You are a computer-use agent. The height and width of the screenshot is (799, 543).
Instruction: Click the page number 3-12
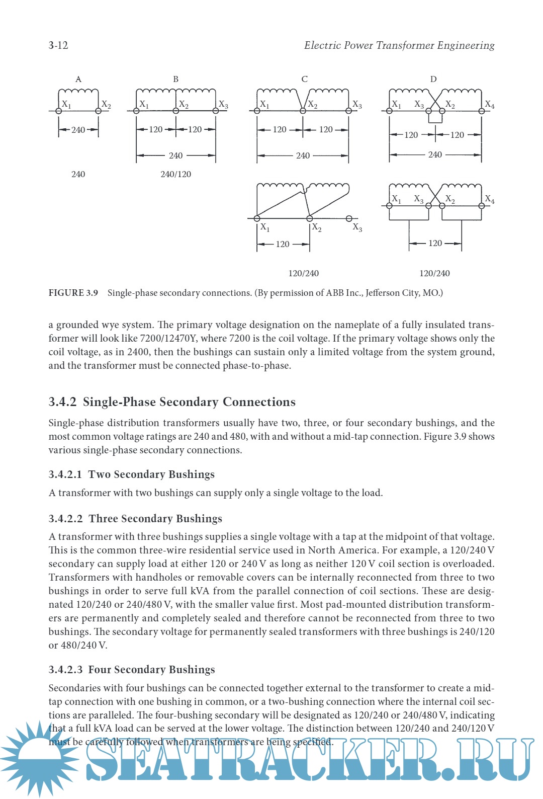tap(58, 45)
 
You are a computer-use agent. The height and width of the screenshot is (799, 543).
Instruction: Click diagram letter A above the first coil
tap(78, 79)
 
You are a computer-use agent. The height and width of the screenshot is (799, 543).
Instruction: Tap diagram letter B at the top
tap(175, 79)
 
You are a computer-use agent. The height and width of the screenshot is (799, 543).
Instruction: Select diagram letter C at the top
tap(304, 79)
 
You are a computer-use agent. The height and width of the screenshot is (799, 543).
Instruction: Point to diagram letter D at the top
tap(433, 79)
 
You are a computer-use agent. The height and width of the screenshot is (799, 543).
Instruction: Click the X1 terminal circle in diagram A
tap(59, 111)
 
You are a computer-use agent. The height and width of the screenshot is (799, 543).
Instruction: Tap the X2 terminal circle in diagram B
tap(176, 111)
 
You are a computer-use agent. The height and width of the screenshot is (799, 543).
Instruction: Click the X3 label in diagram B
tap(223, 105)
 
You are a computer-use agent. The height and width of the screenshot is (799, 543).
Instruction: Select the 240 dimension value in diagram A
tap(78, 130)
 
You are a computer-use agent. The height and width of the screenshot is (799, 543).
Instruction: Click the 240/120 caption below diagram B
tap(175, 174)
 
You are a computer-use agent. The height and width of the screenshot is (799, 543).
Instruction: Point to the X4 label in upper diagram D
tap(489, 105)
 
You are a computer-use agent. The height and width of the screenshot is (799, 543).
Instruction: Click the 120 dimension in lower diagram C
tap(283, 244)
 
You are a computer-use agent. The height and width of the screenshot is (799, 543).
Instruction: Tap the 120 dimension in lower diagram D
tap(435, 243)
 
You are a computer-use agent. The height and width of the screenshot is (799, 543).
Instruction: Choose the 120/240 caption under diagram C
tap(303, 273)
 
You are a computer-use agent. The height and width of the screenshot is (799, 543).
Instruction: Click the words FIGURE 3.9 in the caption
tap(73, 293)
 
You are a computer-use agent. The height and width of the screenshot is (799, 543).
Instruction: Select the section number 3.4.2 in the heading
tap(62, 402)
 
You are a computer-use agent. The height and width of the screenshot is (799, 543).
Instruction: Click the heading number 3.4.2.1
tap(65, 474)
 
